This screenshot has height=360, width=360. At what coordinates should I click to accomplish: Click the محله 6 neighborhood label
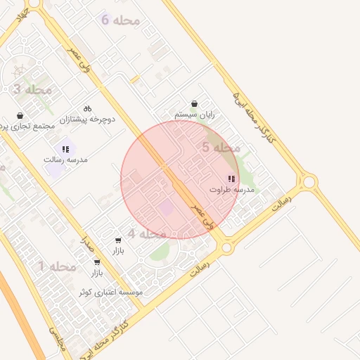(120, 20)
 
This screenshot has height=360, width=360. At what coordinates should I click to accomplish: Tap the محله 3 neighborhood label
(32, 89)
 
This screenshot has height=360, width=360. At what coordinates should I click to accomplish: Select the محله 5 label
(221, 148)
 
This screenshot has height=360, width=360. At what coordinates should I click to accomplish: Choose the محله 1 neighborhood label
(57, 266)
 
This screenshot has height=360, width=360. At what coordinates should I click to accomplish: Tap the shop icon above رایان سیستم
(194, 103)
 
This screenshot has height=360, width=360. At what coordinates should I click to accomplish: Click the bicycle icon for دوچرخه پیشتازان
(87, 109)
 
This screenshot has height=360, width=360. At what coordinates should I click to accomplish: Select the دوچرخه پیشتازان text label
(86, 120)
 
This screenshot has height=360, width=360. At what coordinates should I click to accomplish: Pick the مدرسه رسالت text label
(65, 160)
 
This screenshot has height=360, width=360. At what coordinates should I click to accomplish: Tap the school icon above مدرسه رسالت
(65, 149)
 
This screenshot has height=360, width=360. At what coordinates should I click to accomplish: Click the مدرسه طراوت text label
(231, 190)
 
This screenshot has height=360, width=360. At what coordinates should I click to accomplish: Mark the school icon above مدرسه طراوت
(231, 179)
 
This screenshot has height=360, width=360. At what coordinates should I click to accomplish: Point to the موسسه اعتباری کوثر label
(110, 291)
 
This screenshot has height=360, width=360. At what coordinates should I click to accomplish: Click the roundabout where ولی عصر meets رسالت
(226, 247)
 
